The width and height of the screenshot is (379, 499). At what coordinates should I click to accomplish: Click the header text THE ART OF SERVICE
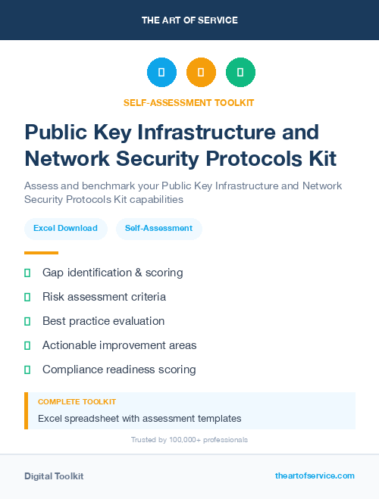click(x=189, y=20)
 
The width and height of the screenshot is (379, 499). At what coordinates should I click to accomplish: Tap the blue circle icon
click(x=161, y=73)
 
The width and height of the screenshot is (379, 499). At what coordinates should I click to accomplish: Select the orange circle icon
click(x=201, y=73)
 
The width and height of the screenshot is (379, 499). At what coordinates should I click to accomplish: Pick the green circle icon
click(x=240, y=73)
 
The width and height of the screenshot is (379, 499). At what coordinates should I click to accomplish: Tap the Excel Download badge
click(x=65, y=228)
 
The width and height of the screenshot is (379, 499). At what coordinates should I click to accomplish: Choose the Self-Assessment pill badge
click(x=158, y=228)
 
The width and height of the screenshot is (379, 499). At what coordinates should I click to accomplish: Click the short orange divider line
click(x=41, y=253)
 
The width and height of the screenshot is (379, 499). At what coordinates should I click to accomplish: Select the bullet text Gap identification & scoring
click(x=112, y=273)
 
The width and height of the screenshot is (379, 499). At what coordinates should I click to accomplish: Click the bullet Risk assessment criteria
click(x=104, y=297)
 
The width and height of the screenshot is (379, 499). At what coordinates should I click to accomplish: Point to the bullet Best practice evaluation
click(x=103, y=321)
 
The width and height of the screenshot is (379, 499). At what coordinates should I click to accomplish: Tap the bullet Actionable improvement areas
click(x=119, y=345)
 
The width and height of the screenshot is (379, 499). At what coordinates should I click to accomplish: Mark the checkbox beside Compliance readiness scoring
click(x=27, y=370)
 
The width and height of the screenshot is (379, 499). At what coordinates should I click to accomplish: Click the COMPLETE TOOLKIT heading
click(x=77, y=402)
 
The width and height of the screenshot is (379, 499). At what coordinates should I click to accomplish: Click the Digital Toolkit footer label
click(x=54, y=476)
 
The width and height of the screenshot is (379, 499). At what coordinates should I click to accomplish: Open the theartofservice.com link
click(x=315, y=476)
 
